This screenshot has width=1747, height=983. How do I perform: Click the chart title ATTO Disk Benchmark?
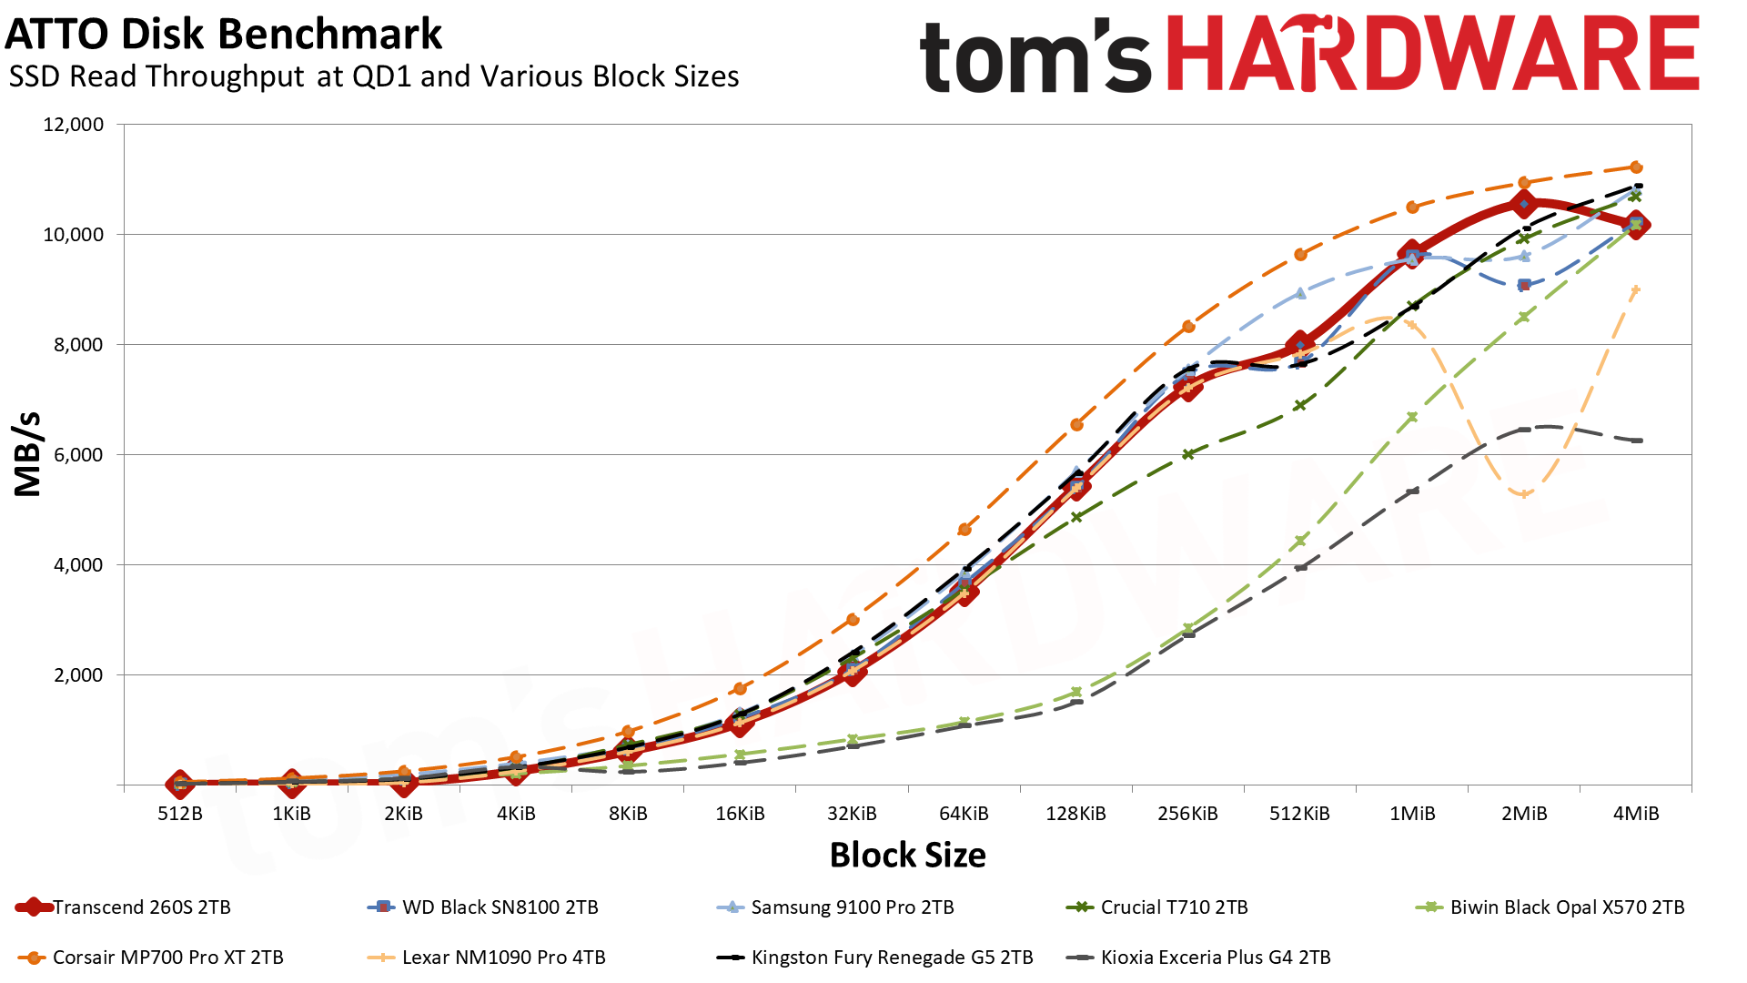224,35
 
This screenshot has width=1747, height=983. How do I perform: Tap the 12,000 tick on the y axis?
74,125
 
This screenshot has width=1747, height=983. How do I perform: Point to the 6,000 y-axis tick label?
74,455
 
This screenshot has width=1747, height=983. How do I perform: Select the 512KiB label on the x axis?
1299,814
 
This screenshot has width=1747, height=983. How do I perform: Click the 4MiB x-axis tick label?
1635,814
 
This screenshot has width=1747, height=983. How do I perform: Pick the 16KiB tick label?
740,814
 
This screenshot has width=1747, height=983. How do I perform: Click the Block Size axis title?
907,856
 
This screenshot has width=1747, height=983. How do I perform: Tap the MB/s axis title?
28,454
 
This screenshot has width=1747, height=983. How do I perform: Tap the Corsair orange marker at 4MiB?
1636,167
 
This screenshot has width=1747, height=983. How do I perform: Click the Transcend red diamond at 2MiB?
1524,204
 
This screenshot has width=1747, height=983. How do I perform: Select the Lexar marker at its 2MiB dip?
1524,494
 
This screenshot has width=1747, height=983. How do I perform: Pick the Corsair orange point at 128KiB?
1076,424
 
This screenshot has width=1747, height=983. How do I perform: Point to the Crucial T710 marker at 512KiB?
1300,405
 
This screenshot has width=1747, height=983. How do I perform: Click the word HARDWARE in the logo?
1433,55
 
